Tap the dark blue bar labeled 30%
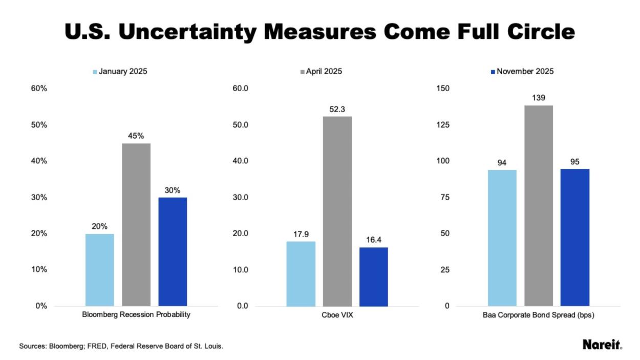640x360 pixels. [x=173, y=251]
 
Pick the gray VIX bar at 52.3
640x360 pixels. [x=337, y=211]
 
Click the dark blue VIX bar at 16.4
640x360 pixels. [x=374, y=277]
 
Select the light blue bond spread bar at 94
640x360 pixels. [x=502, y=238]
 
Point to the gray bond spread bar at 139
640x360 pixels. [x=539, y=205]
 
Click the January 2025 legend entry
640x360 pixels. [x=120, y=72]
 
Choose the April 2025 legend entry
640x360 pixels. [x=321, y=72]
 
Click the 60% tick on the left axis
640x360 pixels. [x=39, y=89]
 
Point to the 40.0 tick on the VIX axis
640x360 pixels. [x=240, y=161]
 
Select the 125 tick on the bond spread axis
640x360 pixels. [x=442, y=125]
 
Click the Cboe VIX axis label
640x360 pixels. [x=337, y=315]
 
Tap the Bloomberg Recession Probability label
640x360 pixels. [x=136, y=315]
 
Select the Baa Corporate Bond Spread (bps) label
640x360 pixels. [x=538, y=315]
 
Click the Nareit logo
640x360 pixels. [x=602, y=345]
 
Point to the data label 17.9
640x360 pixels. [x=301, y=234]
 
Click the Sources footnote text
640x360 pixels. [x=121, y=347]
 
